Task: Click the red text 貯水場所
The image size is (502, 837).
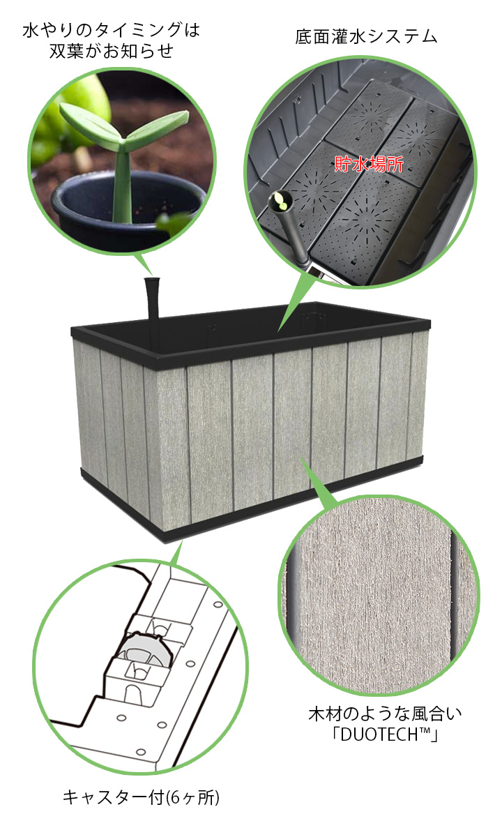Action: point(369,164)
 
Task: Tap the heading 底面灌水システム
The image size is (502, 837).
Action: point(366,38)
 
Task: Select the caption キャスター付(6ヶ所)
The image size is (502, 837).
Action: point(141,798)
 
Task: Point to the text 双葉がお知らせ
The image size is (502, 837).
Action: point(112,51)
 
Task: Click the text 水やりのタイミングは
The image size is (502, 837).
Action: point(112,30)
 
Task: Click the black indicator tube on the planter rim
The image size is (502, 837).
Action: point(153,299)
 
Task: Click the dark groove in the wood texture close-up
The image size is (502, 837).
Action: point(456,598)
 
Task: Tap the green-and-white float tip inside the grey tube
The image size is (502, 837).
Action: point(280,201)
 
